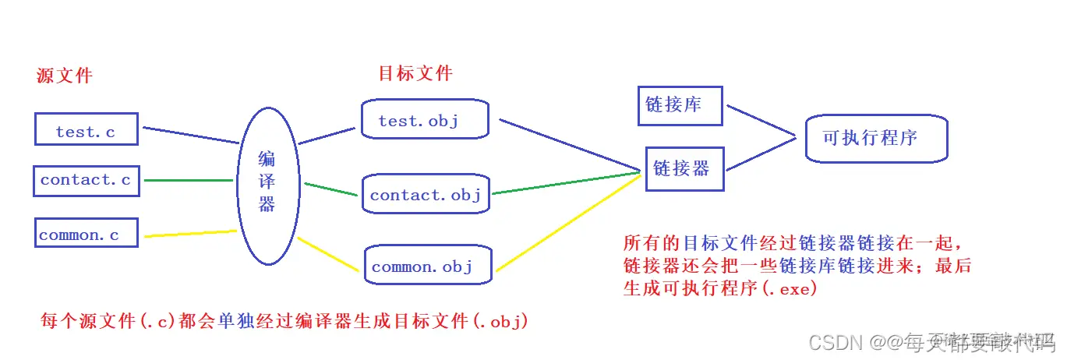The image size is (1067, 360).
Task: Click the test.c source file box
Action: click(x=86, y=129)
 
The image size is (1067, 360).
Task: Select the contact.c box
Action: click(x=86, y=180)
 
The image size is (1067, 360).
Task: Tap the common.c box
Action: click(x=86, y=234)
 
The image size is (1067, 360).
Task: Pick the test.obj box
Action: click(x=425, y=120)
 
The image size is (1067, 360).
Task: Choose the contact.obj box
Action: click(x=426, y=194)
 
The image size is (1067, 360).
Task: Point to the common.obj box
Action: click(x=428, y=266)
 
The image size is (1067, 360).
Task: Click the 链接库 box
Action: click(x=680, y=104)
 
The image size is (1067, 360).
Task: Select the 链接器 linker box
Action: click(x=684, y=168)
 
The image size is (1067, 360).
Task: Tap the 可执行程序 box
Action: click(x=876, y=138)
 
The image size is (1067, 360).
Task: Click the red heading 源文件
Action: click(x=65, y=76)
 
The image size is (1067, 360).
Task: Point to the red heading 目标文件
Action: click(x=415, y=73)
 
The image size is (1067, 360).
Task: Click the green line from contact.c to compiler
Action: click(x=189, y=181)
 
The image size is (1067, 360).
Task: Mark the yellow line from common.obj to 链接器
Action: click(x=569, y=222)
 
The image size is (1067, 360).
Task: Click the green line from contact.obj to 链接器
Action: click(x=565, y=183)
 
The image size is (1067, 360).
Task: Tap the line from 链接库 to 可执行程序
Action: click(x=760, y=121)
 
